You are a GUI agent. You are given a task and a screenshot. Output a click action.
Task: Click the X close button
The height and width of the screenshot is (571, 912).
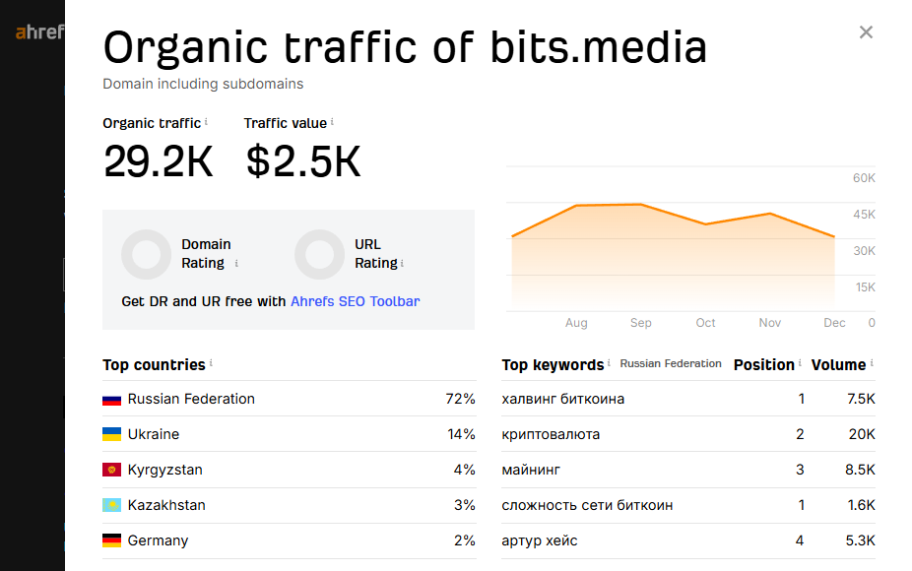click(x=866, y=32)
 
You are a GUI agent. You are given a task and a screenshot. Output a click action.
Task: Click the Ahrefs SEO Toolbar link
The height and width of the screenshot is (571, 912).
click(x=355, y=301)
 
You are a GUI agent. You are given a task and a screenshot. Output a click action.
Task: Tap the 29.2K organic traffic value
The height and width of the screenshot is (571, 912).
click(x=158, y=161)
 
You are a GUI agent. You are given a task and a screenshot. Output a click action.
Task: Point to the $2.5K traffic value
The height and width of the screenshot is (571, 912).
click(x=303, y=161)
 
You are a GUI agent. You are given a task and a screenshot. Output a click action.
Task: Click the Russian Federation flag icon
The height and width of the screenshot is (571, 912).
click(x=112, y=400)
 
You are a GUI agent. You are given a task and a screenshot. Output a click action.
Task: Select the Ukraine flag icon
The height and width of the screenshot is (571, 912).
click(x=112, y=434)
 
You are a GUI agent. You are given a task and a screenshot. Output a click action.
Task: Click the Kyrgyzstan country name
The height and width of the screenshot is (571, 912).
click(x=164, y=470)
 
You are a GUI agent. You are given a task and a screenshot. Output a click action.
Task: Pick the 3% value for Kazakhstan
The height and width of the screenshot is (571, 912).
click(x=464, y=505)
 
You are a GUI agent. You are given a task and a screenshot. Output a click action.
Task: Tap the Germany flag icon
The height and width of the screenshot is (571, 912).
click(x=112, y=540)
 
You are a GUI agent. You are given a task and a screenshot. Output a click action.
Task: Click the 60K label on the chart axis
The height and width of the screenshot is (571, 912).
click(x=864, y=178)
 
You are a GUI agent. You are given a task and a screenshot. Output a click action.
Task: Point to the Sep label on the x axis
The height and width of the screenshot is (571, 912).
click(x=641, y=323)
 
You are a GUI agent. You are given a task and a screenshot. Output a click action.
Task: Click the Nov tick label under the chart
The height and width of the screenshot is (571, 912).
click(x=770, y=323)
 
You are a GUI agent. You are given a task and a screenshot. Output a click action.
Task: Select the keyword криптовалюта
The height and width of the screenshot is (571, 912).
click(x=551, y=434)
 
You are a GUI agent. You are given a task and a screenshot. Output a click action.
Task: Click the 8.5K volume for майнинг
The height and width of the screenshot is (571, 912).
click(x=858, y=470)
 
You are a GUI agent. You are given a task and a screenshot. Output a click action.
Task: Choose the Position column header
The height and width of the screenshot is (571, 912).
click(x=763, y=364)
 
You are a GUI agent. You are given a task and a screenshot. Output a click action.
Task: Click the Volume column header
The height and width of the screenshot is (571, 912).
click(x=838, y=364)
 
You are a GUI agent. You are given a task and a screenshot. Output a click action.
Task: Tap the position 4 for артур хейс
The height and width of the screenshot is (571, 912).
click(x=801, y=540)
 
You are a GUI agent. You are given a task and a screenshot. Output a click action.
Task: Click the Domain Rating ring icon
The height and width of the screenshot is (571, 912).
click(x=147, y=254)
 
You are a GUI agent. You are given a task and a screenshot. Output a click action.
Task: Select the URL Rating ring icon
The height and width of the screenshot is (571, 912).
click(x=319, y=254)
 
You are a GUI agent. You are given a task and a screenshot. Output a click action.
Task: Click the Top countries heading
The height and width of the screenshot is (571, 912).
click(x=154, y=364)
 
